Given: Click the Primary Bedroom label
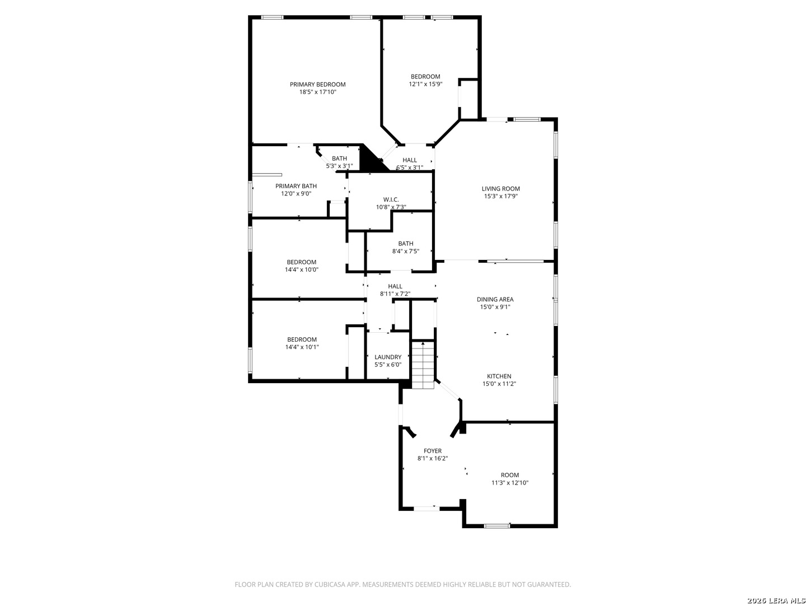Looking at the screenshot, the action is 317,85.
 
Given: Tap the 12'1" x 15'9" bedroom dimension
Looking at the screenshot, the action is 425,84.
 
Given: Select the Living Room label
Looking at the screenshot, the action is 500,189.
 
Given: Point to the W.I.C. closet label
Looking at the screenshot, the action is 391,199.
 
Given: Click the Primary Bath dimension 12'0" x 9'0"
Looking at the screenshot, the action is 296,194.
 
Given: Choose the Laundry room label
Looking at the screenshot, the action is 388,357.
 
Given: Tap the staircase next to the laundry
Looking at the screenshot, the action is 423,365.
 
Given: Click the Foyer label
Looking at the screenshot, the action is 433,451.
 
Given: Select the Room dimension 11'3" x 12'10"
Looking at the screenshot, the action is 510,483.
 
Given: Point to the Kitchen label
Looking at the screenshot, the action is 499,376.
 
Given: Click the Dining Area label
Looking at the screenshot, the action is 495,299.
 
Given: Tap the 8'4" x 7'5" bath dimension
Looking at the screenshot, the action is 406,252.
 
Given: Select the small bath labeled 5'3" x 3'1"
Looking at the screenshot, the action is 339,162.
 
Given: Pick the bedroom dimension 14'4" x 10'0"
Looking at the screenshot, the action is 302,269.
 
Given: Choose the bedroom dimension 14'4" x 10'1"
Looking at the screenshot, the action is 302,347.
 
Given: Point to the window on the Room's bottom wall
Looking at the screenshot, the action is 497,526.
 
